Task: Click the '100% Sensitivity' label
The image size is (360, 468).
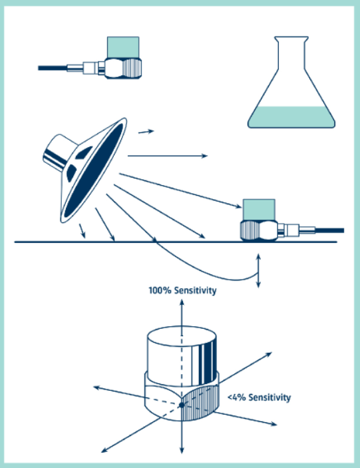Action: click(x=182, y=290)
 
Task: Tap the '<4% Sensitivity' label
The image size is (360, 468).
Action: click(x=260, y=397)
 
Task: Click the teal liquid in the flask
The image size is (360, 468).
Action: click(x=291, y=117)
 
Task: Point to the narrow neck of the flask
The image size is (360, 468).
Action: click(x=291, y=53)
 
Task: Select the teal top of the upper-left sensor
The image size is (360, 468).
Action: click(x=123, y=47)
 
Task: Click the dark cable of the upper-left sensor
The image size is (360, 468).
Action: click(x=53, y=68)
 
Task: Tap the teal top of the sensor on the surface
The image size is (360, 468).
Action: click(x=259, y=210)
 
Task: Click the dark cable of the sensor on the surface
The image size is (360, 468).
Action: click(x=329, y=230)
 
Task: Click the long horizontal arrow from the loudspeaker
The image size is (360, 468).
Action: click(x=168, y=156)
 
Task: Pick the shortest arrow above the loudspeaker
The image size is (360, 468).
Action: click(x=146, y=132)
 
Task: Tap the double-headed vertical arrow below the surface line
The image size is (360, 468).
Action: click(x=258, y=271)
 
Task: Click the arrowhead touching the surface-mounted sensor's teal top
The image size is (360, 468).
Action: click(x=238, y=206)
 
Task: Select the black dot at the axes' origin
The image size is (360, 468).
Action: click(x=182, y=405)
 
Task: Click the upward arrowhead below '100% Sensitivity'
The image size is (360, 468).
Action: click(x=182, y=302)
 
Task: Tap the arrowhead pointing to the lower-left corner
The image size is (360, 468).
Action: click(x=104, y=450)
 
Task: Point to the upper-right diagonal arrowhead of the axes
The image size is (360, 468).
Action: click(x=268, y=354)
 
